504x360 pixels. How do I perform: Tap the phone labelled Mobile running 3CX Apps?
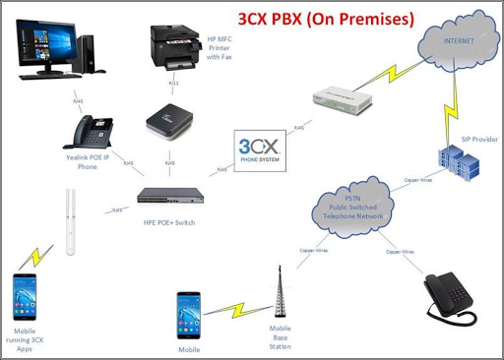27,295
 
